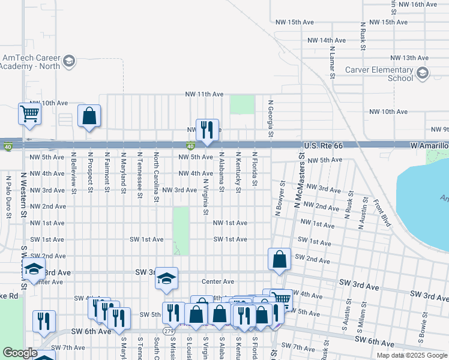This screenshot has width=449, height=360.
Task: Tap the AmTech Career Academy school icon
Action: click(x=69, y=61)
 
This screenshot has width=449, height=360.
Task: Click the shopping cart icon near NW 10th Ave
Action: click(x=29, y=113)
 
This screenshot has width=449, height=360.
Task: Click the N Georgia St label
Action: click(x=271, y=119)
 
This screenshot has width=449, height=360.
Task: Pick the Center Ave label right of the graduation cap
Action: click(x=217, y=281)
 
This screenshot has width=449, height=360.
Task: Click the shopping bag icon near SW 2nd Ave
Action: click(x=279, y=260)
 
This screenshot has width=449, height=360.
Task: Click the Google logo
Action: click(x=20, y=353)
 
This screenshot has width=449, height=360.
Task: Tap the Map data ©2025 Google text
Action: click(x=412, y=355)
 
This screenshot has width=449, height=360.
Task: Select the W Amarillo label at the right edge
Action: click(x=429, y=146)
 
